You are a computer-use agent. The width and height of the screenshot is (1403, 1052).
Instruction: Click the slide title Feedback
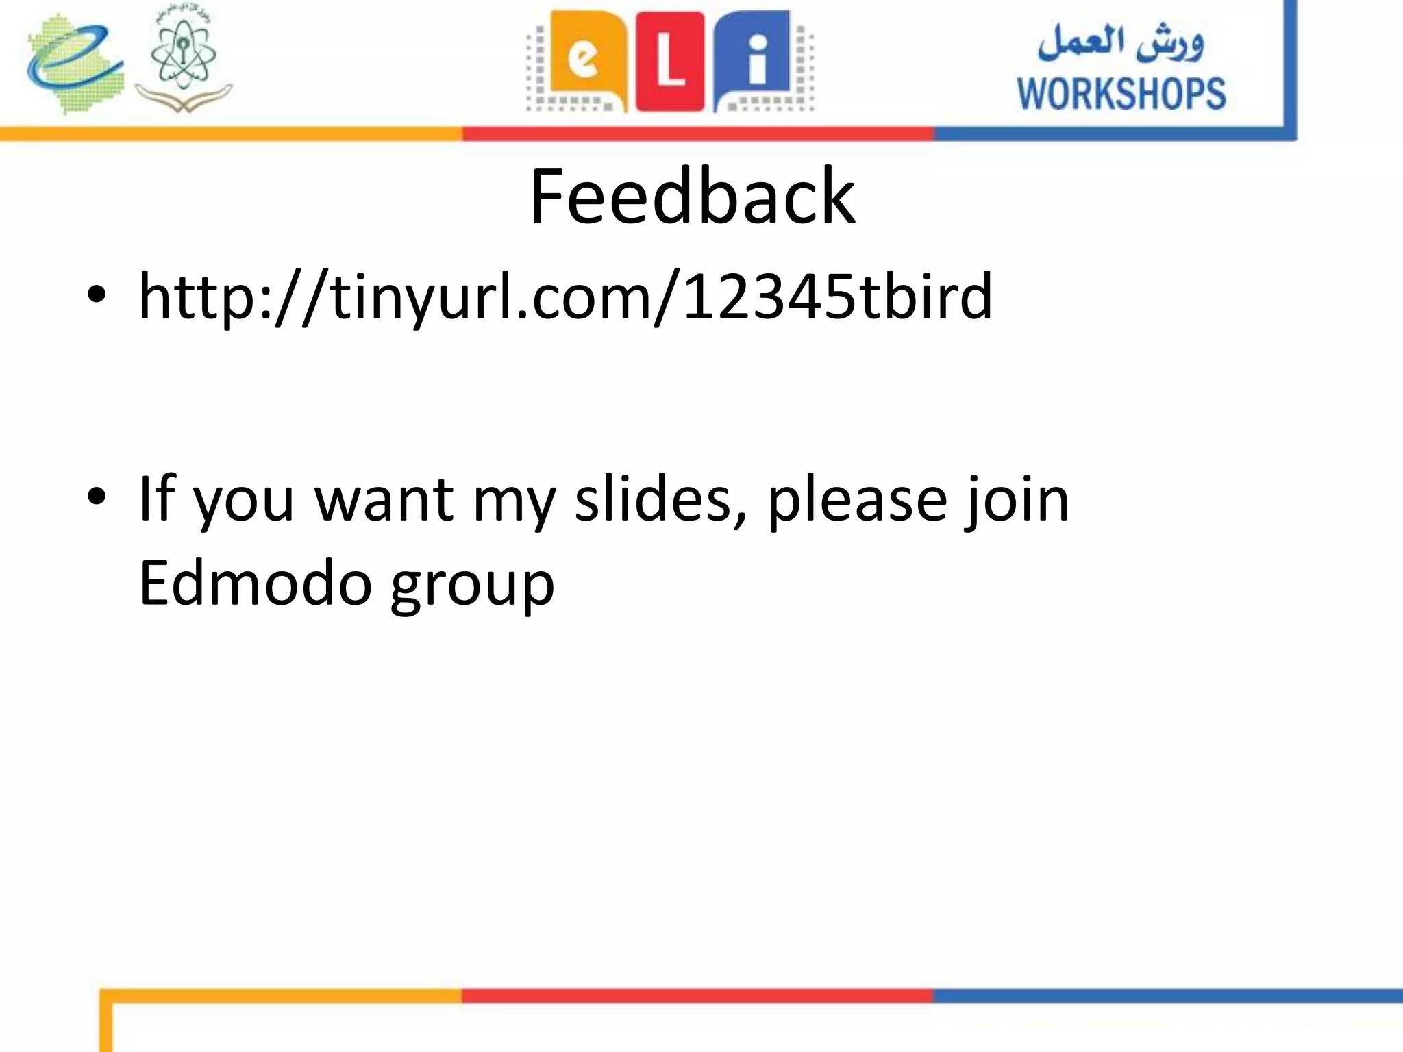click(x=692, y=197)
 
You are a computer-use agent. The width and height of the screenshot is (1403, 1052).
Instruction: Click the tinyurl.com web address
click(x=565, y=297)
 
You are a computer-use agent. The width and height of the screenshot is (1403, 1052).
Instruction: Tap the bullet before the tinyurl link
click(x=97, y=295)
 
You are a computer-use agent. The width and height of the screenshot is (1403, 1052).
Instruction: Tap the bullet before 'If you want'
click(x=97, y=497)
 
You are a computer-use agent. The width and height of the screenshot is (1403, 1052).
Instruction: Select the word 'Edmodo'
click(x=255, y=583)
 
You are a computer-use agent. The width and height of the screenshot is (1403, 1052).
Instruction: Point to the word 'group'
click(x=472, y=586)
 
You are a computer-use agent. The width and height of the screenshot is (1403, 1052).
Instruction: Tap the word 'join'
click(x=1016, y=501)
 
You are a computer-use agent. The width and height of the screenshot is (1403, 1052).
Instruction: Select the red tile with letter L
click(x=669, y=62)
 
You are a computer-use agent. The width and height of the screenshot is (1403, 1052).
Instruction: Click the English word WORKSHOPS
click(x=1121, y=94)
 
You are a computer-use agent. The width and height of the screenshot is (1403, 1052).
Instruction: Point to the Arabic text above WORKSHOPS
click(x=1121, y=42)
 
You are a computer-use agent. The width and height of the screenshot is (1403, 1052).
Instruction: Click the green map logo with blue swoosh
click(x=75, y=63)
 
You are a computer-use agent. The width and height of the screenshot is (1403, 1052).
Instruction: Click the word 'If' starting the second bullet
click(x=157, y=499)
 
